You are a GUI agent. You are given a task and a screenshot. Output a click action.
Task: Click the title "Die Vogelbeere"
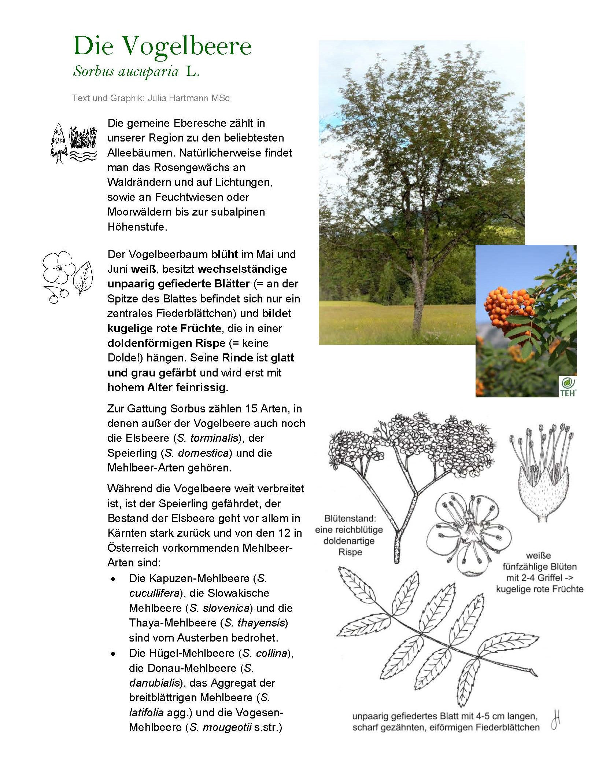click(x=162, y=47)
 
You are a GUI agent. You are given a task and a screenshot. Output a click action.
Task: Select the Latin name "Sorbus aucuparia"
click(x=126, y=71)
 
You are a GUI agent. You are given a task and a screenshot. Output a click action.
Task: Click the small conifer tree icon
click(x=59, y=143)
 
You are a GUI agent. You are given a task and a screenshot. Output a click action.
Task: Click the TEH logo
click(x=568, y=386)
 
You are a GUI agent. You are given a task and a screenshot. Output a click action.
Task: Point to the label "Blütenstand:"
click(x=350, y=518)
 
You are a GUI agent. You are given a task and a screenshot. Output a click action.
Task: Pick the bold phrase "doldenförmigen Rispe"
click(x=166, y=343)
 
